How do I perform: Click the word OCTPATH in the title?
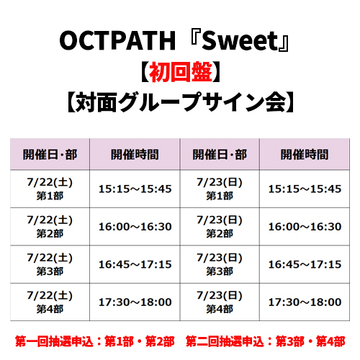[x=117, y=41]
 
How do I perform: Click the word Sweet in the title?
[x=240, y=41]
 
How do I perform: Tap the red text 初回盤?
[x=181, y=72]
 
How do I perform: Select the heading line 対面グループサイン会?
[x=181, y=102]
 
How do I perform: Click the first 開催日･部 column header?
[x=50, y=154]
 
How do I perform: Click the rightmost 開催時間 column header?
[x=305, y=154]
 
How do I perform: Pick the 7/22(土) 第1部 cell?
[x=50, y=189]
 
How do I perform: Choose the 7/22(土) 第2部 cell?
[x=50, y=227]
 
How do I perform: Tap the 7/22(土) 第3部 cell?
[x=50, y=264]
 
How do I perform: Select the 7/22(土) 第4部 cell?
[x=50, y=302]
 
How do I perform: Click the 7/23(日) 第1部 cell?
[x=220, y=189]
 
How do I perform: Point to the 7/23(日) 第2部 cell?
[x=220, y=227]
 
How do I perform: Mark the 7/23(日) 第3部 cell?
[x=220, y=264]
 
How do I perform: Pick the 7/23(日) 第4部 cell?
[x=220, y=302]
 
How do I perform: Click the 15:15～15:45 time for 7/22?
[x=135, y=189]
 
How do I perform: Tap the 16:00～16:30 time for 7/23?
[x=305, y=227]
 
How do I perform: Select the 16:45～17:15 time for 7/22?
[x=135, y=264]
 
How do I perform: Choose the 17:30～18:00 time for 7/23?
[x=305, y=302]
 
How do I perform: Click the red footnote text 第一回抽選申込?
[x=54, y=341]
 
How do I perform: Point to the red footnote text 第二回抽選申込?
[x=225, y=341]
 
